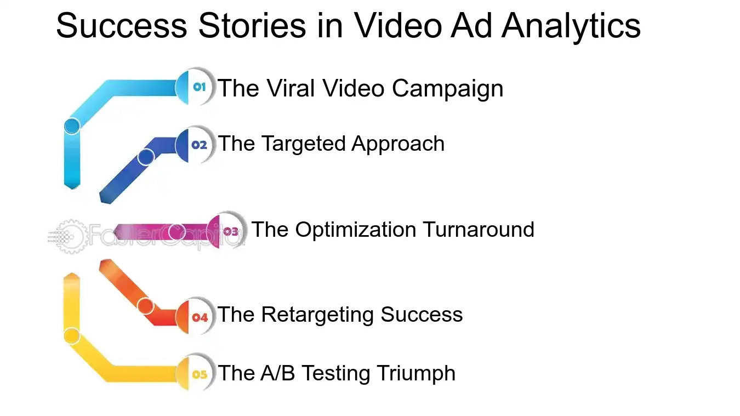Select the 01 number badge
click(x=199, y=87)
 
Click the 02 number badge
click(x=199, y=145)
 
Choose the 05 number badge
click(x=200, y=375)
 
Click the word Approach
click(x=398, y=144)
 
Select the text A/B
click(x=279, y=373)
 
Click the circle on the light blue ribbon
click(x=72, y=126)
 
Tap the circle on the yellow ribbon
click(x=72, y=335)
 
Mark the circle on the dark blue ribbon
click(x=145, y=157)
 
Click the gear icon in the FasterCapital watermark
click(x=70, y=237)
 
